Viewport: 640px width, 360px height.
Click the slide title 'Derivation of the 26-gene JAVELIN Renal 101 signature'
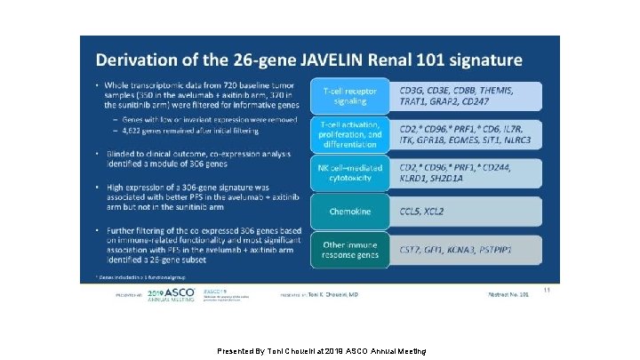tap(309, 60)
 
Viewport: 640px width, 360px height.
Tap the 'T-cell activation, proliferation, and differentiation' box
tap(349, 134)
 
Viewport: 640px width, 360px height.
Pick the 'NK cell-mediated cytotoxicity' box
tap(349, 172)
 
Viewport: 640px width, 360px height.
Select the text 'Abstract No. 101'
tap(509, 294)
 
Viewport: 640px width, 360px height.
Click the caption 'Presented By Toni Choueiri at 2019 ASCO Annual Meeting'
tap(322, 351)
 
